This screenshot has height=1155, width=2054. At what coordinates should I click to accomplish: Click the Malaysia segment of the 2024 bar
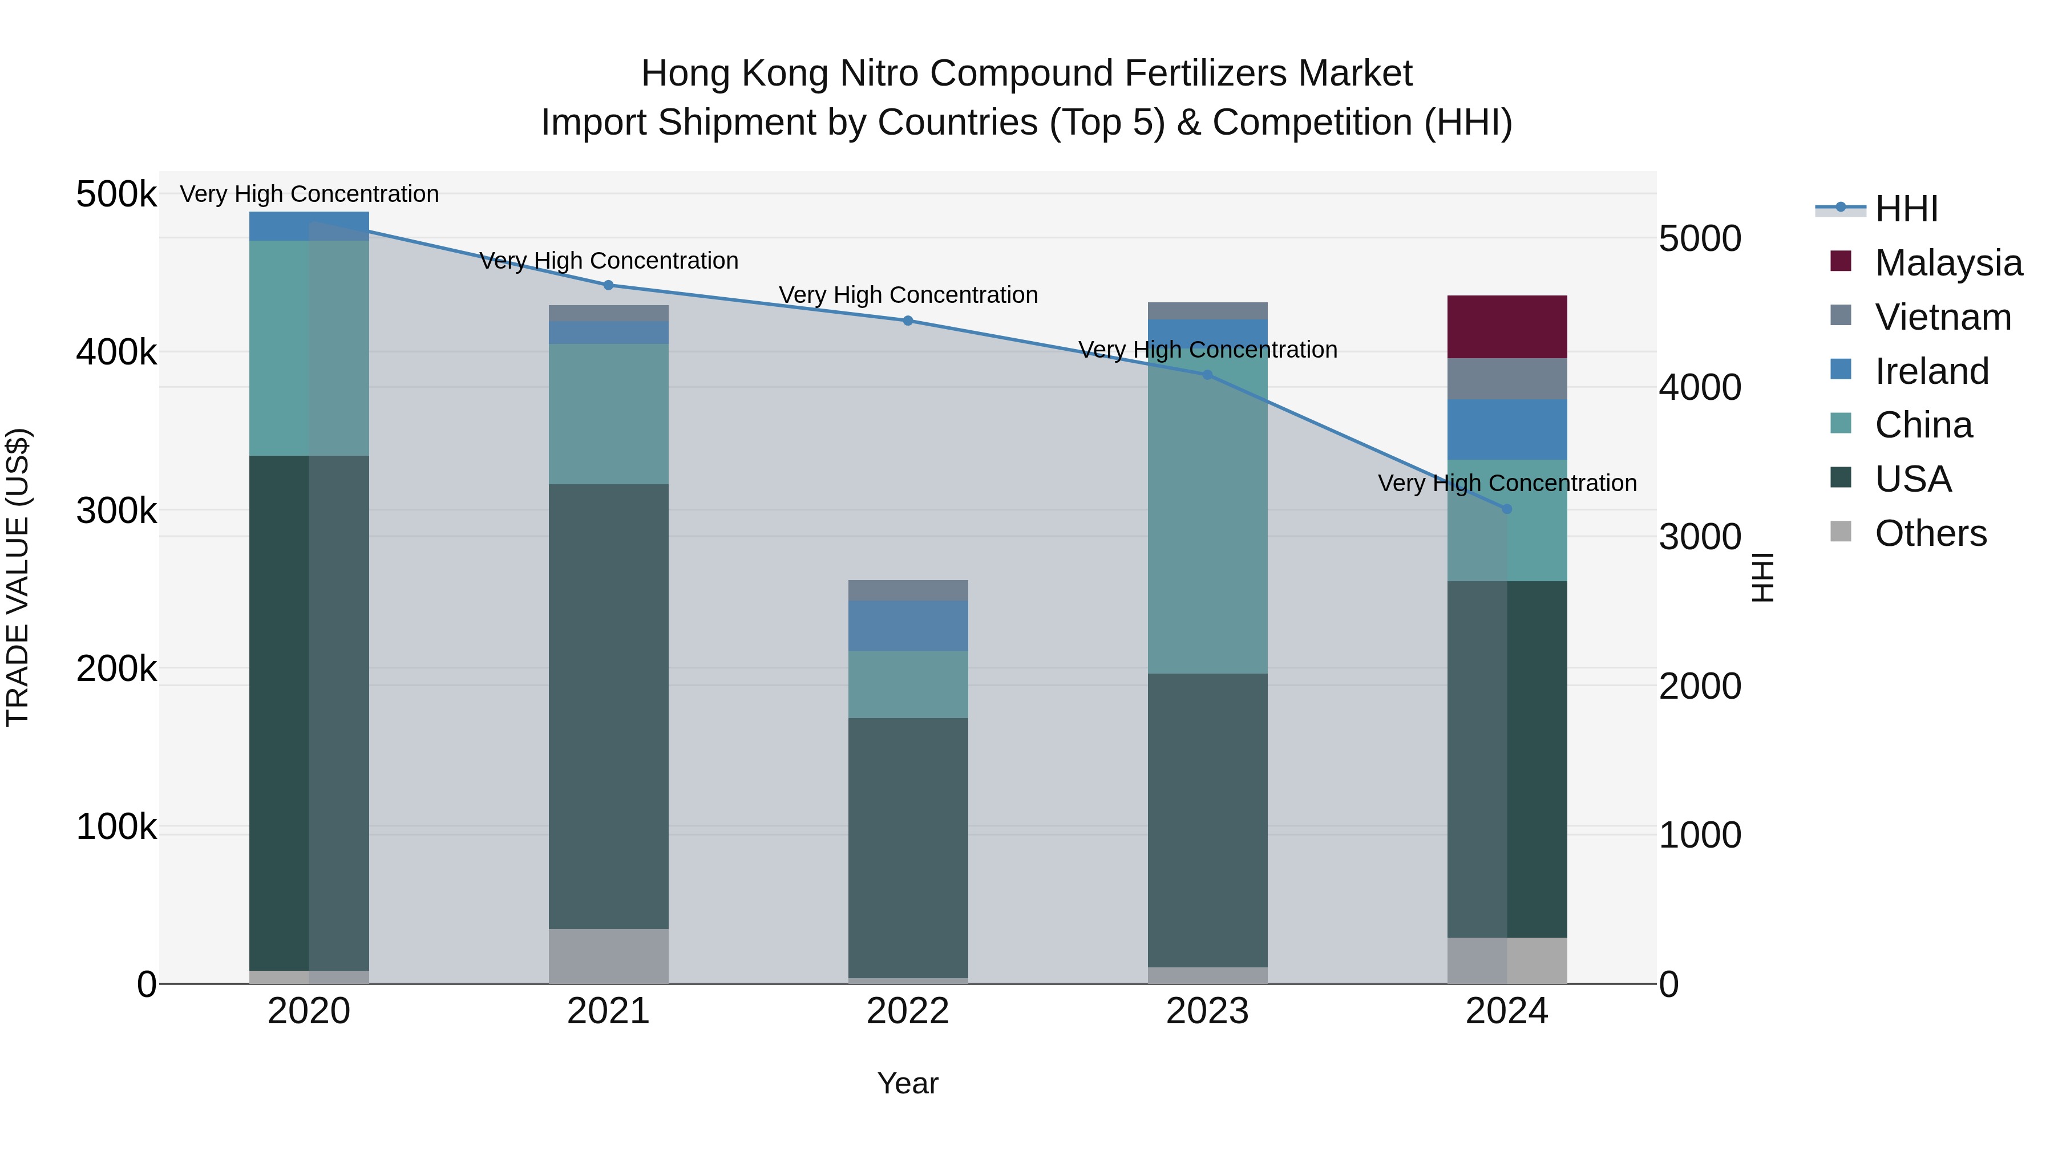pos(1506,327)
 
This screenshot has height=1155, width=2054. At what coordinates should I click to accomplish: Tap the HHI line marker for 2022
pos(907,321)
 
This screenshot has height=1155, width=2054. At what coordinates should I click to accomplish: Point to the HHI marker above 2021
pos(608,285)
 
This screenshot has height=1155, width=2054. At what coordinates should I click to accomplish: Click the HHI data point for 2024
pos(1506,509)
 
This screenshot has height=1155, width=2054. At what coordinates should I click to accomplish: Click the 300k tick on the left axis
pos(116,510)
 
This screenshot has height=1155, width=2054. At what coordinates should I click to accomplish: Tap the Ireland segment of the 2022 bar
pos(907,626)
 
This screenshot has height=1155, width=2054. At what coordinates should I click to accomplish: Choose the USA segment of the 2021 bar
pos(608,706)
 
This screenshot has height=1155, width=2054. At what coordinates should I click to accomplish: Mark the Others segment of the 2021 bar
pos(608,956)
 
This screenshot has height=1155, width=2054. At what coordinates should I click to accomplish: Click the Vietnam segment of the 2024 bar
pos(1506,379)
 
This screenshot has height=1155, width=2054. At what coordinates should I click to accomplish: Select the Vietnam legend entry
pos(1942,317)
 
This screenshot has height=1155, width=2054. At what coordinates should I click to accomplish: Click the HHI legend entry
pos(1906,209)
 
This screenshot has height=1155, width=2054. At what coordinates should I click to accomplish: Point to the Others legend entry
pos(1930,533)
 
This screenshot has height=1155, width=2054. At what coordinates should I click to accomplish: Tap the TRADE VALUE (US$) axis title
pos(18,577)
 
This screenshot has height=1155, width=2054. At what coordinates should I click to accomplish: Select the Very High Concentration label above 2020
pos(309,194)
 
